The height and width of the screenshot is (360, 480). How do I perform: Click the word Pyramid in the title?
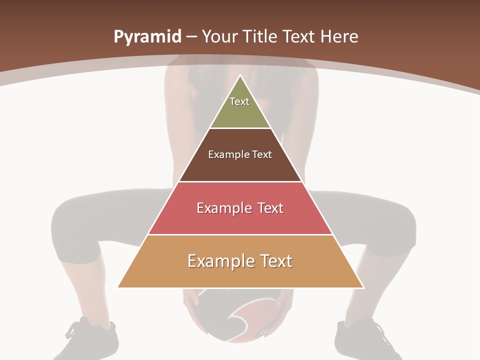pyautogui.click(x=147, y=37)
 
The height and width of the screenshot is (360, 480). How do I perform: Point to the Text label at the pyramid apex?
pyautogui.click(x=239, y=101)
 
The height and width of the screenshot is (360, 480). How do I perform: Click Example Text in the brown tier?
pyautogui.click(x=240, y=154)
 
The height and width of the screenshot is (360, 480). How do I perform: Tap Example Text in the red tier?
pyautogui.click(x=240, y=208)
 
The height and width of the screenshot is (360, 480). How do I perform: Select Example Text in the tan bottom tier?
pyautogui.click(x=240, y=261)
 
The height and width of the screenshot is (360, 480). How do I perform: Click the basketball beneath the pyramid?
pyautogui.click(x=235, y=315)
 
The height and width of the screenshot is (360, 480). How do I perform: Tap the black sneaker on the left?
pyautogui.click(x=90, y=340)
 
